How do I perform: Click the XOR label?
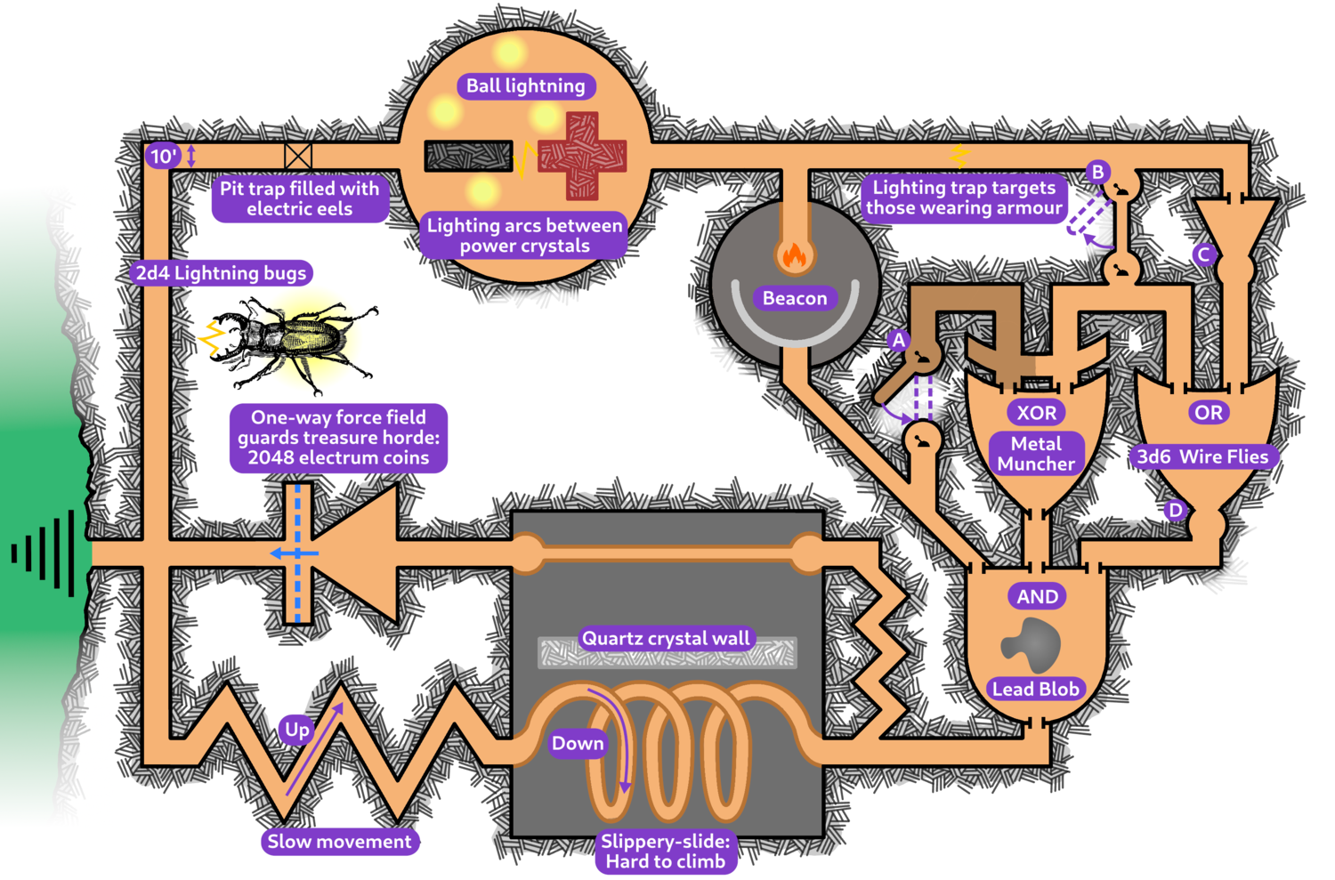pyautogui.click(x=1037, y=413)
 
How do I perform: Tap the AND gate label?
pyautogui.click(x=1037, y=596)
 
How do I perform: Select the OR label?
pyautogui.click(x=1208, y=413)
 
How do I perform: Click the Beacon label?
pyautogui.click(x=795, y=298)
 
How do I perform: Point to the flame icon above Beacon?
pyautogui.click(x=794, y=255)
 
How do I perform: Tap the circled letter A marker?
pyautogui.click(x=899, y=340)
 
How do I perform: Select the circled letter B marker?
pyautogui.click(x=1097, y=172)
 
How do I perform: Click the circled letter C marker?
pyautogui.click(x=1204, y=254)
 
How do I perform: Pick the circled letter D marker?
pyautogui.click(x=1176, y=510)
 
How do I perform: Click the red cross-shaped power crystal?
pyautogui.click(x=582, y=156)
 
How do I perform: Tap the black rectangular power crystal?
pyautogui.click(x=468, y=156)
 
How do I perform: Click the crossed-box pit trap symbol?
pyautogui.click(x=298, y=156)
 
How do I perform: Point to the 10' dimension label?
pyautogui.click(x=163, y=157)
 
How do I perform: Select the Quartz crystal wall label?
pyautogui.click(x=666, y=638)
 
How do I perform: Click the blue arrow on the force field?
pyautogui.click(x=294, y=553)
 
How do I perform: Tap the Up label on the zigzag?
pyautogui.click(x=297, y=730)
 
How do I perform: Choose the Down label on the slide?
pyautogui.click(x=578, y=743)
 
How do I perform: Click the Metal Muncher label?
pyautogui.click(x=1036, y=454)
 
